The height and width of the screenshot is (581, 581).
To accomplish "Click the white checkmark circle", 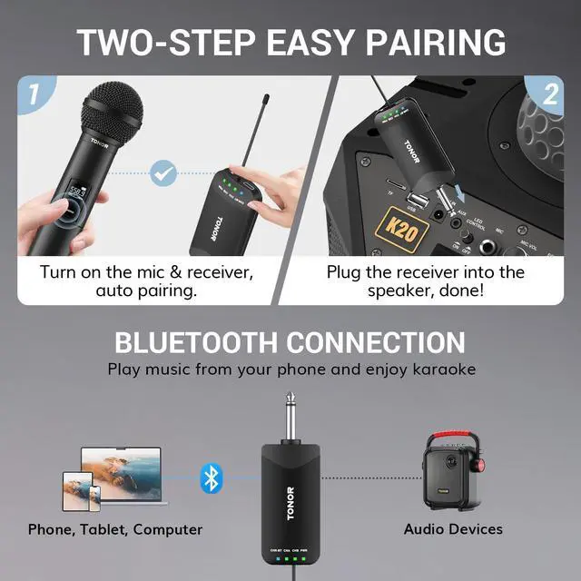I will coord(163,171).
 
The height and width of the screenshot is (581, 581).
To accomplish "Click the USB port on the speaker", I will coord(412,202).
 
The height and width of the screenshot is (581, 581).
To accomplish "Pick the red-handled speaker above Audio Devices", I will coord(453,470).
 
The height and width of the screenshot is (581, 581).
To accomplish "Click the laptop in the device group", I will coord(120,468).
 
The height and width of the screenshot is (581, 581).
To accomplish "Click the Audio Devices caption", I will coord(453,528).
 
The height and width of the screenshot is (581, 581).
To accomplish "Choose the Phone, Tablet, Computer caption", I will coord(115,528).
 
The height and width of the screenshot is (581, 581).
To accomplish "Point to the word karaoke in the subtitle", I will coord(438,369).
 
